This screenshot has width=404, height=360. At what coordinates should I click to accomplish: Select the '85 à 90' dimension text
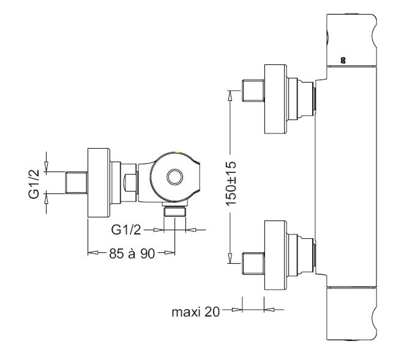point(130,253)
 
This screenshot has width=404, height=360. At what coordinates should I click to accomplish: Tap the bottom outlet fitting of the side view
point(176,212)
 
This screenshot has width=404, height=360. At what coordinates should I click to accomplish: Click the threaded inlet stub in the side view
point(77,182)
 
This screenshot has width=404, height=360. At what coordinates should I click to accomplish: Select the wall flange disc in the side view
point(99,182)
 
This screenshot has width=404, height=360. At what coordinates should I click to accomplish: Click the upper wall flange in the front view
point(275,98)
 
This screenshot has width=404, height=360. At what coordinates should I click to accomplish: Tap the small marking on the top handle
point(342,59)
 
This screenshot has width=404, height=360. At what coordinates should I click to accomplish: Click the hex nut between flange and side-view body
point(129,182)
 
